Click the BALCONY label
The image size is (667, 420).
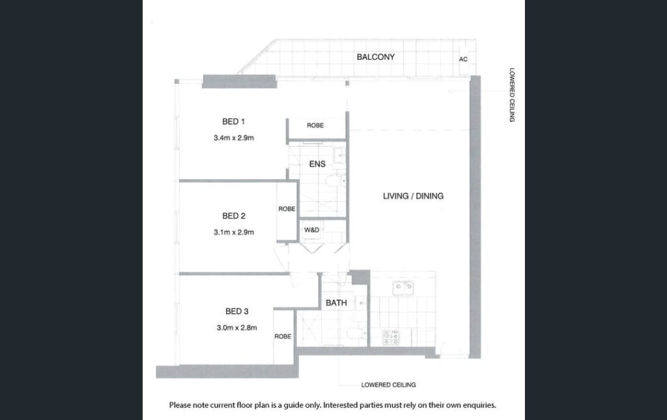coord(376,57)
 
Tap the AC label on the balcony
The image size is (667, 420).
coord(463,59)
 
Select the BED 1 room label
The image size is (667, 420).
coord(234,122)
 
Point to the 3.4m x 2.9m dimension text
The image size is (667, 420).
coord(234,138)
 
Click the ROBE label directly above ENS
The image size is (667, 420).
coord(315,126)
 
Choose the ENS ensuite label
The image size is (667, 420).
coord(317,164)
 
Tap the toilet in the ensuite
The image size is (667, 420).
coord(336,181)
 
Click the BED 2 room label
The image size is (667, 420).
coord(234,216)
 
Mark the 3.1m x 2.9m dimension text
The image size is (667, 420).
coord(234,232)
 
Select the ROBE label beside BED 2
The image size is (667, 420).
coord(287,209)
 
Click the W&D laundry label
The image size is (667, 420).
coord(311,230)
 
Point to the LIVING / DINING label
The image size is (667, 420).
coord(413,196)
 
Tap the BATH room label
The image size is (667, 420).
coord(336,303)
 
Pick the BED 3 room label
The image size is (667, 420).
coord(236,312)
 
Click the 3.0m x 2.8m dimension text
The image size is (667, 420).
coord(236,328)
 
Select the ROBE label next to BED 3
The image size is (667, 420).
coord(283,336)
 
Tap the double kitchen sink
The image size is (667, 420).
coord(403,288)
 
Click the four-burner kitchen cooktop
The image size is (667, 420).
coord(391,337)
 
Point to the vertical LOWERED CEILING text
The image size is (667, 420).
coord(512,95)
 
